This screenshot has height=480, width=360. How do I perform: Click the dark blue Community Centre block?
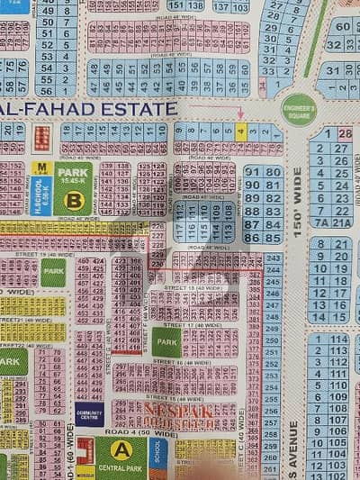89,413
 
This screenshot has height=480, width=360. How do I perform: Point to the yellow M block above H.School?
40,168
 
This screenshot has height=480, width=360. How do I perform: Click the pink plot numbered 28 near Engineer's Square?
345,134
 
